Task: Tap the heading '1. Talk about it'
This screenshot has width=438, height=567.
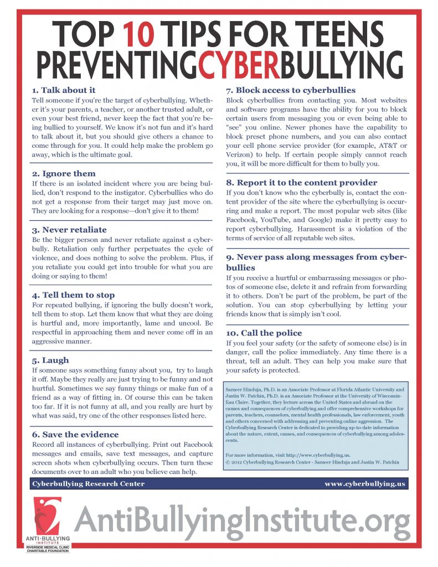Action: pyautogui.click(x=65, y=89)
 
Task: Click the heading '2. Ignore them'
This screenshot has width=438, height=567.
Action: pyautogui.click(x=64, y=173)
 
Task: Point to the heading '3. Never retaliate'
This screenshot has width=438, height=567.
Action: pyautogui.click(x=70, y=229)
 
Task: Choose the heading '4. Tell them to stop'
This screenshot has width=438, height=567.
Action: pyautogui.click(x=74, y=295)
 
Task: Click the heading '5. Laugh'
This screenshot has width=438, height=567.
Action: pyautogui.click(x=51, y=360)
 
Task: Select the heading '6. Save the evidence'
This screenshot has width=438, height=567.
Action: pyautogui.click(x=75, y=434)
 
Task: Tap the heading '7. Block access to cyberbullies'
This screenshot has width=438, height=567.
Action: pyautogui.click(x=290, y=90)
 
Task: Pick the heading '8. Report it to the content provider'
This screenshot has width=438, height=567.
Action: pyautogui.click(x=301, y=182)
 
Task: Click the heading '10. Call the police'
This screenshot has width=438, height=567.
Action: pyautogui.click(x=264, y=333)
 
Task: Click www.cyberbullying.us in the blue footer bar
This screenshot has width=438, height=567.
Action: pyautogui.click(x=365, y=483)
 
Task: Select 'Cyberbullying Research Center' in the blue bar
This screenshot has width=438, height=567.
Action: pyautogui.click(x=89, y=483)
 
